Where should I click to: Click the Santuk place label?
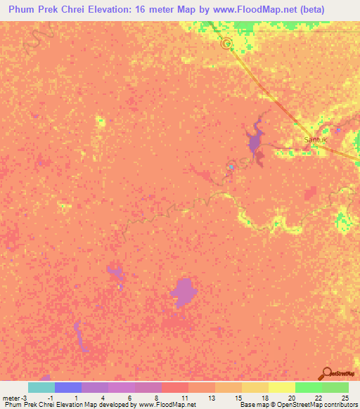[316, 140]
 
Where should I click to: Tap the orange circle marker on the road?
[226, 44]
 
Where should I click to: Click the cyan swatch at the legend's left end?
[41, 387]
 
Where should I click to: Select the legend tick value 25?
[345, 398]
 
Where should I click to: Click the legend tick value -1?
[51, 398]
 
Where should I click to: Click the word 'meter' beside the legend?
[12, 398]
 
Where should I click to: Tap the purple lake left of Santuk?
[255, 139]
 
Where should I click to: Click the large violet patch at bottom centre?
[184, 291]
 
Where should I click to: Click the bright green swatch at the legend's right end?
[335, 387]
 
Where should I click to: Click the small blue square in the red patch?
[231, 167]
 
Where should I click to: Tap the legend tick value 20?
[291, 398]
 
